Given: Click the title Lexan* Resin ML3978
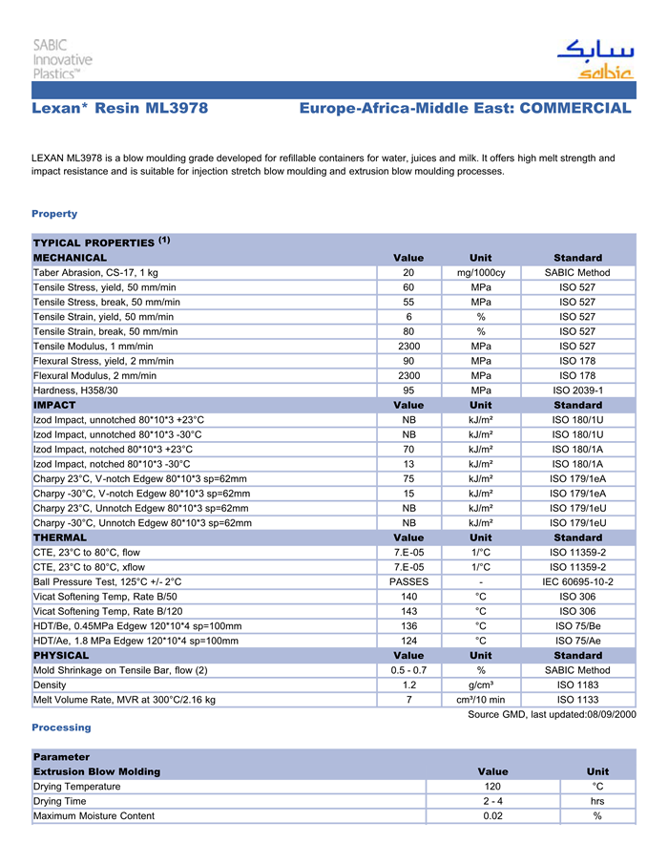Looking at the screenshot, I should tap(120, 109).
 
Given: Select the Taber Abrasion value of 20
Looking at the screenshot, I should tap(408, 273).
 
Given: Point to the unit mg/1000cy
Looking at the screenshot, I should tap(481, 273).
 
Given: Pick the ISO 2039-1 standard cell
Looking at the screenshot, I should tap(577, 390).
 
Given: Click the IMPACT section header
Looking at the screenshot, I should tap(54, 405).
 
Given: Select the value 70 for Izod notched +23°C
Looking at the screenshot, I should tap(408, 449).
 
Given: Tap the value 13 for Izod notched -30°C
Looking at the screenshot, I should tap(408, 464).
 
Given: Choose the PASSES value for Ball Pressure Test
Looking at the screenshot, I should tap(408, 581).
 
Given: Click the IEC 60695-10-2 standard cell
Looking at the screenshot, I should tap(577, 581).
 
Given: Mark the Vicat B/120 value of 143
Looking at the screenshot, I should tap(408, 611).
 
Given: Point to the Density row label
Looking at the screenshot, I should tap(50, 685).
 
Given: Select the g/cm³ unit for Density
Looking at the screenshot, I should tap(481, 685).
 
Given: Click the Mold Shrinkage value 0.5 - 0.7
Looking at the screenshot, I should tap(408, 670).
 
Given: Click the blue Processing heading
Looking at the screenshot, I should tap(61, 727).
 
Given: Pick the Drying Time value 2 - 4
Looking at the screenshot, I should tap(492, 801).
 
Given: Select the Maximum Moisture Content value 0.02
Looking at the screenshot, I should tap(492, 816).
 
